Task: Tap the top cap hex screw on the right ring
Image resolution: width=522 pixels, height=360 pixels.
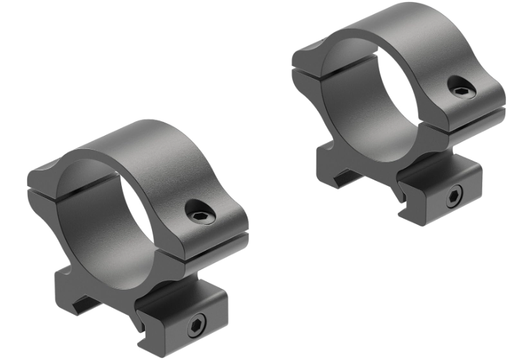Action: pos(461,91)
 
